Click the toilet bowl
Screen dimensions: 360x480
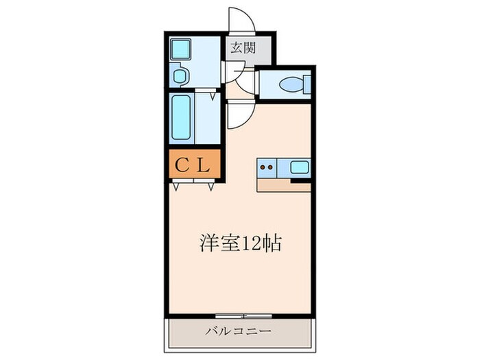click(291, 85)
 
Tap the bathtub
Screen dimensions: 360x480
click(182, 118)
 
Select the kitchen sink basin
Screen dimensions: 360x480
click(300, 167)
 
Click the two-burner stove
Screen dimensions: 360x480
click(267, 167)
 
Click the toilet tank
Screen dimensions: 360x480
click(307, 85)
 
